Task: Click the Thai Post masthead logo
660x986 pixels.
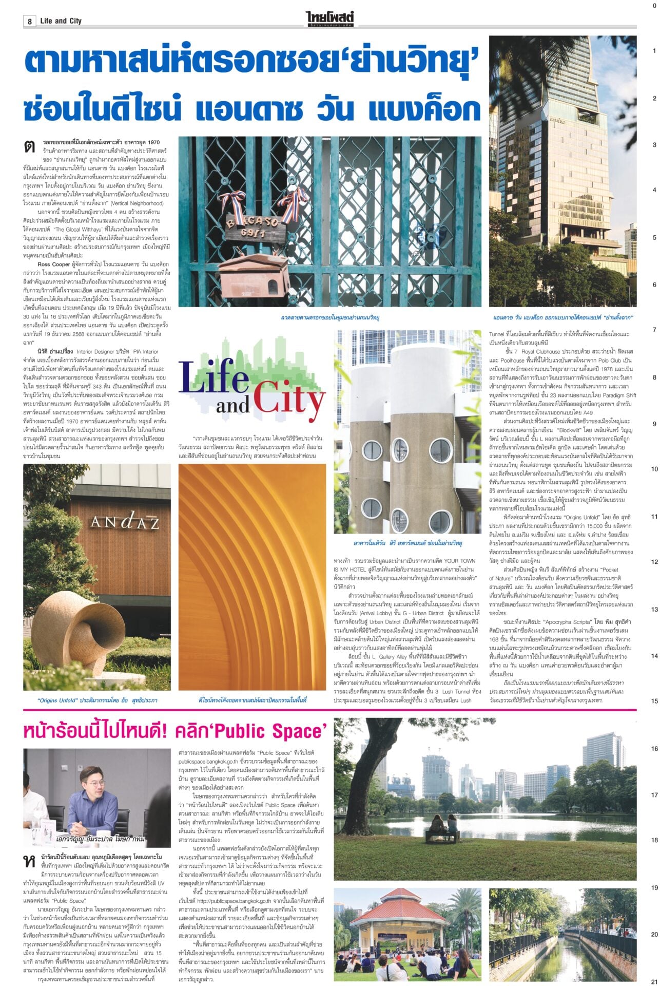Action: click(330, 20)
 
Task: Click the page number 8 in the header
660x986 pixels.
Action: click(30, 21)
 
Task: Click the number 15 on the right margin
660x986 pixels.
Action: click(654, 701)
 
